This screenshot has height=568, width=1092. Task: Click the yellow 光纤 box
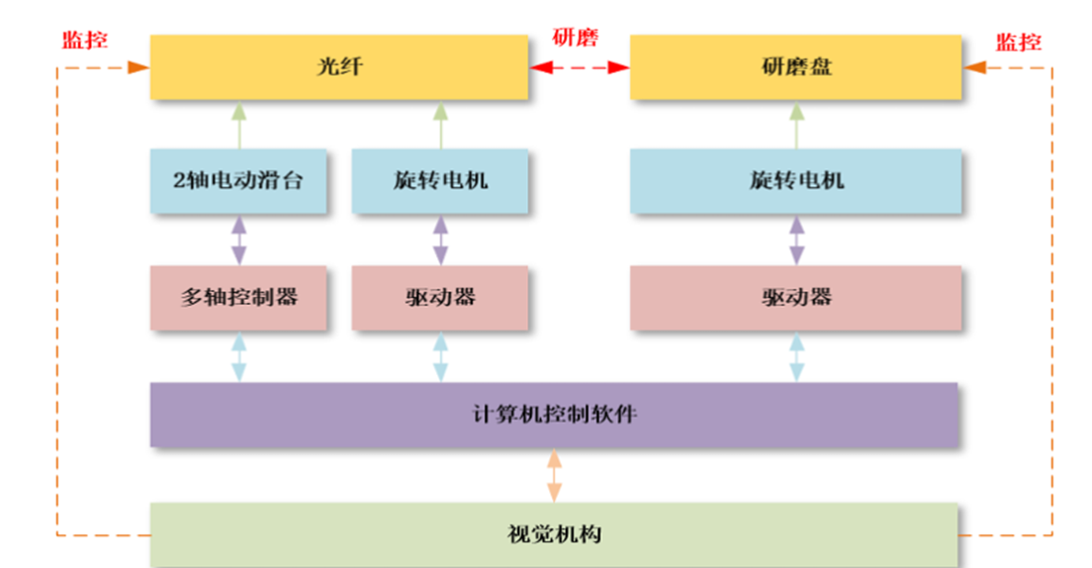pyautogui.click(x=338, y=67)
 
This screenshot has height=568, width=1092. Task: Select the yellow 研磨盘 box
pyautogui.click(x=795, y=67)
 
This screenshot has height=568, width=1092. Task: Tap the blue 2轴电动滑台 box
pyautogui.click(x=237, y=181)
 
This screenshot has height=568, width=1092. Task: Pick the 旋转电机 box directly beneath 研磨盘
pyautogui.click(x=795, y=181)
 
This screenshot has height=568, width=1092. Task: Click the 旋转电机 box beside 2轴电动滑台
pyautogui.click(x=440, y=181)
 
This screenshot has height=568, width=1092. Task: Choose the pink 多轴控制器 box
pyautogui.click(x=237, y=297)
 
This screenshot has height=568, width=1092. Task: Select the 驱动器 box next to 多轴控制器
pyautogui.click(x=440, y=297)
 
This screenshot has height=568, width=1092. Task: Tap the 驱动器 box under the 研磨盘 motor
pyautogui.click(x=795, y=297)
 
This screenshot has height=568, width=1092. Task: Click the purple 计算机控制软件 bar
pyautogui.click(x=554, y=414)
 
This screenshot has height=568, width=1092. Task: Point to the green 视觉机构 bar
pyautogui.click(x=554, y=534)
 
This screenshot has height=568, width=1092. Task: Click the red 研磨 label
pyautogui.click(x=575, y=39)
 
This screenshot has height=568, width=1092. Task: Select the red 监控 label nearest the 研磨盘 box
pyautogui.click(x=1018, y=42)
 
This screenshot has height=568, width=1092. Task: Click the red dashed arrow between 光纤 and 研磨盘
pyautogui.click(x=579, y=67)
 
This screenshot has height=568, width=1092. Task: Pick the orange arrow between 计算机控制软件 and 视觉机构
pyautogui.click(x=554, y=475)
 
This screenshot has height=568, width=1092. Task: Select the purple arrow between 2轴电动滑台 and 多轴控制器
pyautogui.click(x=238, y=239)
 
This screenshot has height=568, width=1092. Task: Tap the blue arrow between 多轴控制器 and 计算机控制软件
pyautogui.click(x=238, y=356)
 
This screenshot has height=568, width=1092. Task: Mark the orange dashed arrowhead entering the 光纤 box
pyautogui.click(x=138, y=67)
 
